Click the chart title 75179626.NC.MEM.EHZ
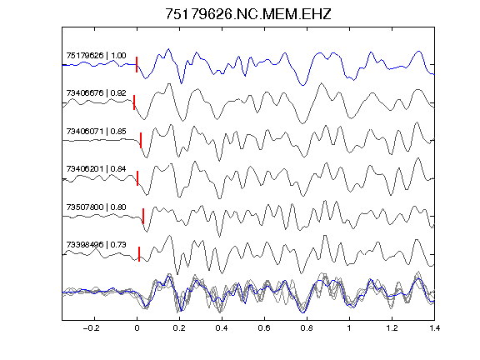coord(248,14)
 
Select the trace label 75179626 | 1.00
coord(96,56)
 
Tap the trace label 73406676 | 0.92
coord(96,93)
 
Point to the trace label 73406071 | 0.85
coord(96,132)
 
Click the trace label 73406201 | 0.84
coord(96,169)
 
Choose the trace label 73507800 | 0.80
coord(96,207)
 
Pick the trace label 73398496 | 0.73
coord(96,245)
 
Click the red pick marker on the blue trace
coord(137,65)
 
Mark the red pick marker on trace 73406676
coord(134,102)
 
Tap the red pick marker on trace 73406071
coord(141,140)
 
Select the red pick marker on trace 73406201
coord(137,178)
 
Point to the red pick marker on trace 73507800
coord(143,216)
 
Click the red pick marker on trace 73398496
coord(139,254)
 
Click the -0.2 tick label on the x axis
coord(92,328)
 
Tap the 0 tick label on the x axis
coord(137,328)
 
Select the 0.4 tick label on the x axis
coord(222,328)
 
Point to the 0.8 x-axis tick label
coord(307,328)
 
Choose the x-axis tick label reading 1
coord(349,328)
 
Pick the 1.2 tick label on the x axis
coord(392,328)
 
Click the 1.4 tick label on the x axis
coord(434,328)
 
